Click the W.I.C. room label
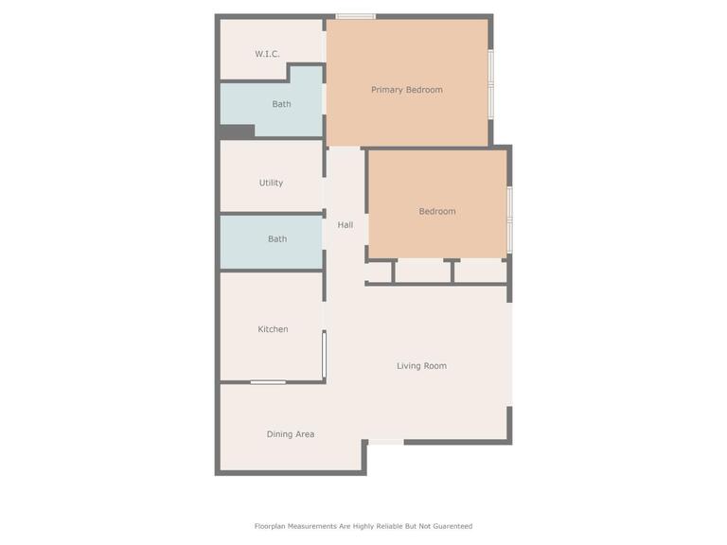[267, 54]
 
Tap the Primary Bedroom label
[407, 90]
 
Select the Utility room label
[271, 183]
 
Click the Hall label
[345, 225]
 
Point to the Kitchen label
[273, 329]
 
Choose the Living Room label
[421, 366]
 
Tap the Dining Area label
[291, 434]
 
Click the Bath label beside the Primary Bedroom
[281, 104]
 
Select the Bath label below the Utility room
[277, 239]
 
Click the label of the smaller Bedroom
[437, 211]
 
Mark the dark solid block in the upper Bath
[237, 132]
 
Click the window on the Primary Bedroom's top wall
[356, 17]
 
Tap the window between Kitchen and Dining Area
[268, 382]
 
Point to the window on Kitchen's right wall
[324, 355]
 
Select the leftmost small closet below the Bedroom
[380, 272]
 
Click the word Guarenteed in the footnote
[452, 526]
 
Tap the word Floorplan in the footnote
[270, 526]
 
